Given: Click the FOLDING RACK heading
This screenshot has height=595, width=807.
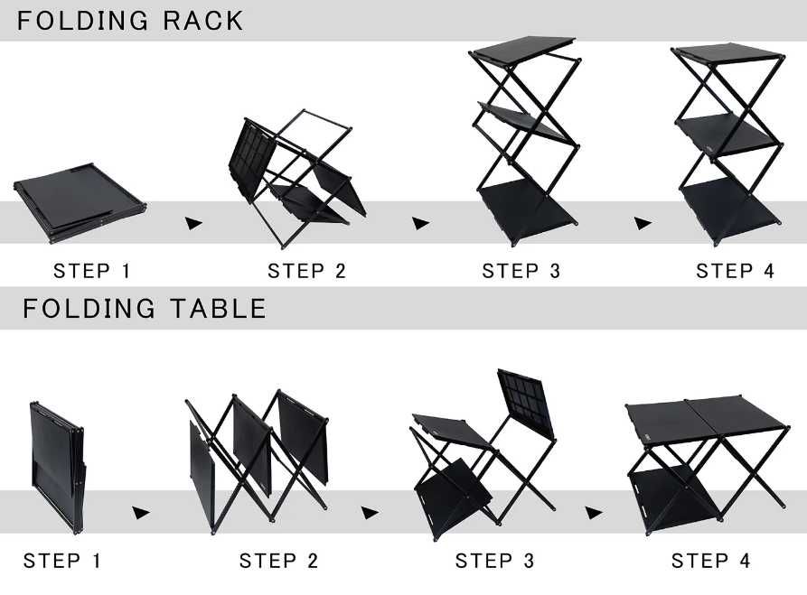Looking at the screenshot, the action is [x=130, y=21].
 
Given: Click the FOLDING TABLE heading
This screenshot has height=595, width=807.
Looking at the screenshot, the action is [x=144, y=309].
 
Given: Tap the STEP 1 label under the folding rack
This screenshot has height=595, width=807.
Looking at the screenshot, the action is [x=92, y=271].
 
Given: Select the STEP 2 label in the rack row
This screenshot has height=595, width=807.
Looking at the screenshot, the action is [x=306, y=271].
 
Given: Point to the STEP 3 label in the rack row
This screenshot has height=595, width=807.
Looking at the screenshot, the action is [x=521, y=271].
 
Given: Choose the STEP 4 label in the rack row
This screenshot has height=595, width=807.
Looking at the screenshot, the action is [x=735, y=271].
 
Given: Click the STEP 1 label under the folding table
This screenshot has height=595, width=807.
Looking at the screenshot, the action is [x=61, y=561].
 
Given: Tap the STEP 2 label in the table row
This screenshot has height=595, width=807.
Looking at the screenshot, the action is [x=278, y=561].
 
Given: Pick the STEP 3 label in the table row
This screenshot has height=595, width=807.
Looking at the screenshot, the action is [x=494, y=561].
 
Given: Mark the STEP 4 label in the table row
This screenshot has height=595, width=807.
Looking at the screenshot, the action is [x=711, y=561].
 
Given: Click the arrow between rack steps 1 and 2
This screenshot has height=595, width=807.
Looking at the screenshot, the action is [x=193, y=223].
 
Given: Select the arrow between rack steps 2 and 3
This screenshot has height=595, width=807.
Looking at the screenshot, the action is [x=420, y=223].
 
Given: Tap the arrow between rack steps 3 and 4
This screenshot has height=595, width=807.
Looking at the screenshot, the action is [x=643, y=223].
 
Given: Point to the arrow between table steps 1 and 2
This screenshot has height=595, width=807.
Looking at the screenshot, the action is [x=140, y=513].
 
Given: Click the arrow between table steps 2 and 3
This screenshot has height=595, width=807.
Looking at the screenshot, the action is [x=370, y=513].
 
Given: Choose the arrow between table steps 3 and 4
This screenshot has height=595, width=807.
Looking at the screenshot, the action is [x=594, y=513].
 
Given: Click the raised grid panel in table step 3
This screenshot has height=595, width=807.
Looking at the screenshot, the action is [x=526, y=404].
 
